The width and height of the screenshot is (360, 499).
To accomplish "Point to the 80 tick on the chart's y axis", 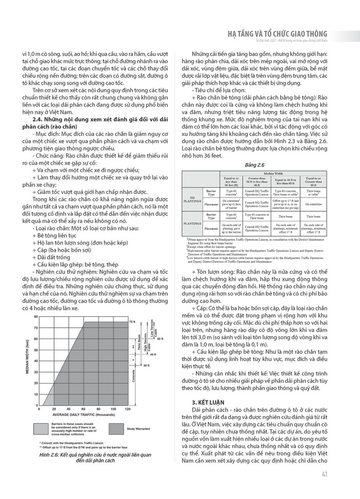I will (x=37, y=317).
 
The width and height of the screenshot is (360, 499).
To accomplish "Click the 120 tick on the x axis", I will (x=127, y=410).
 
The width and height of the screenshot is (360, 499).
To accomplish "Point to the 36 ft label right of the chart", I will (x=132, y=366).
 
